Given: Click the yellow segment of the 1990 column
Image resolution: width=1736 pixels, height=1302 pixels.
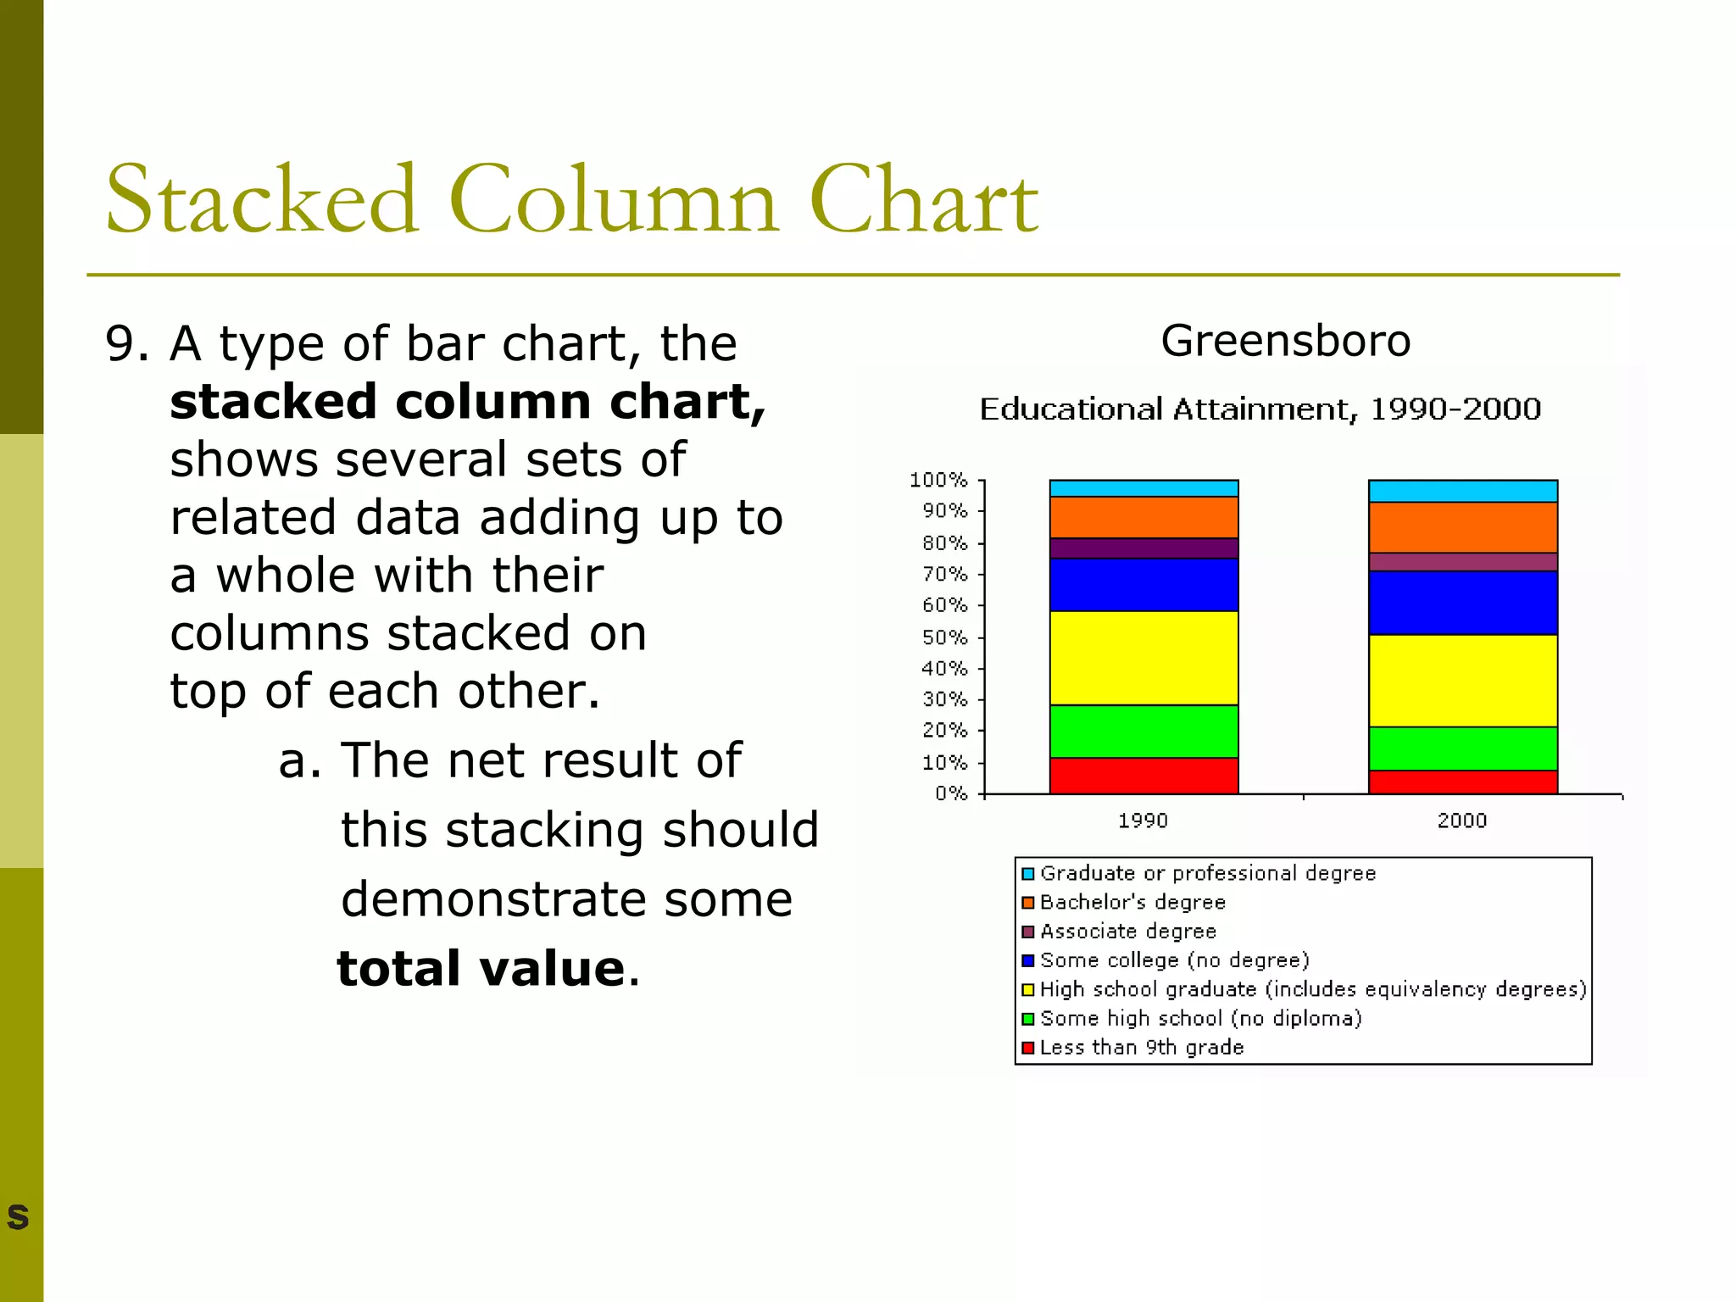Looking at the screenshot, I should click(1143, 658).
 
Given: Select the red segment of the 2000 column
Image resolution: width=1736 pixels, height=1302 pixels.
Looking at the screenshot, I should click(1462, 782).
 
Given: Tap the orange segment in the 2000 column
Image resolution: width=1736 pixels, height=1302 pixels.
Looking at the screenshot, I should click(1462, 527).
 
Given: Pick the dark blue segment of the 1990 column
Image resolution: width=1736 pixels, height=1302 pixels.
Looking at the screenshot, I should click(1143, 585).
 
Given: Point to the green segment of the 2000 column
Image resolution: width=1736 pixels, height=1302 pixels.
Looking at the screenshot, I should click(1462, 748).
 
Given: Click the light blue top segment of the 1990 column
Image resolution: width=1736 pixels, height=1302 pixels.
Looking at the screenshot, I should click(1143, 488).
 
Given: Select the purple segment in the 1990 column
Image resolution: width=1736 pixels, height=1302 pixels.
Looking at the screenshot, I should click(1143, 548).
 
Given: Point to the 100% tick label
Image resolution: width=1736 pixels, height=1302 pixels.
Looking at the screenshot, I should click(938, 481).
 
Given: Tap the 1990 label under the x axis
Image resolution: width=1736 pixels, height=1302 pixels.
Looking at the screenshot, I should click(1143, 821).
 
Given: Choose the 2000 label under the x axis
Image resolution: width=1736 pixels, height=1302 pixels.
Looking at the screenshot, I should click(1461, 821).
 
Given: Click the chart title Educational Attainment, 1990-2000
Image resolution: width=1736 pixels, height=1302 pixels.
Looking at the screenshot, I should click(1260, 409).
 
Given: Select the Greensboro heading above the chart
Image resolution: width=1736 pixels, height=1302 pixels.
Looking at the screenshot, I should click(1285, 341).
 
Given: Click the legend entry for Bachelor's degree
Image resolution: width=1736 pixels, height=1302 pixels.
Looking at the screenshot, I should click(1132, 902).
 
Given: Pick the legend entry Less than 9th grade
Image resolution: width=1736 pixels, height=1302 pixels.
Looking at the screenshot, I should click(1141, 1048).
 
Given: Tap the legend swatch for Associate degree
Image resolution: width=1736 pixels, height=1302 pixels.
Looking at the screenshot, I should click(1028, 932).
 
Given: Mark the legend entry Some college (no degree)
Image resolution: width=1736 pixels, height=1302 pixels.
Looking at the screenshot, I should click(1174, 960).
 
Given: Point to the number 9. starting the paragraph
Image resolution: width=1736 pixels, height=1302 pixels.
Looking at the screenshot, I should click(127, 344).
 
